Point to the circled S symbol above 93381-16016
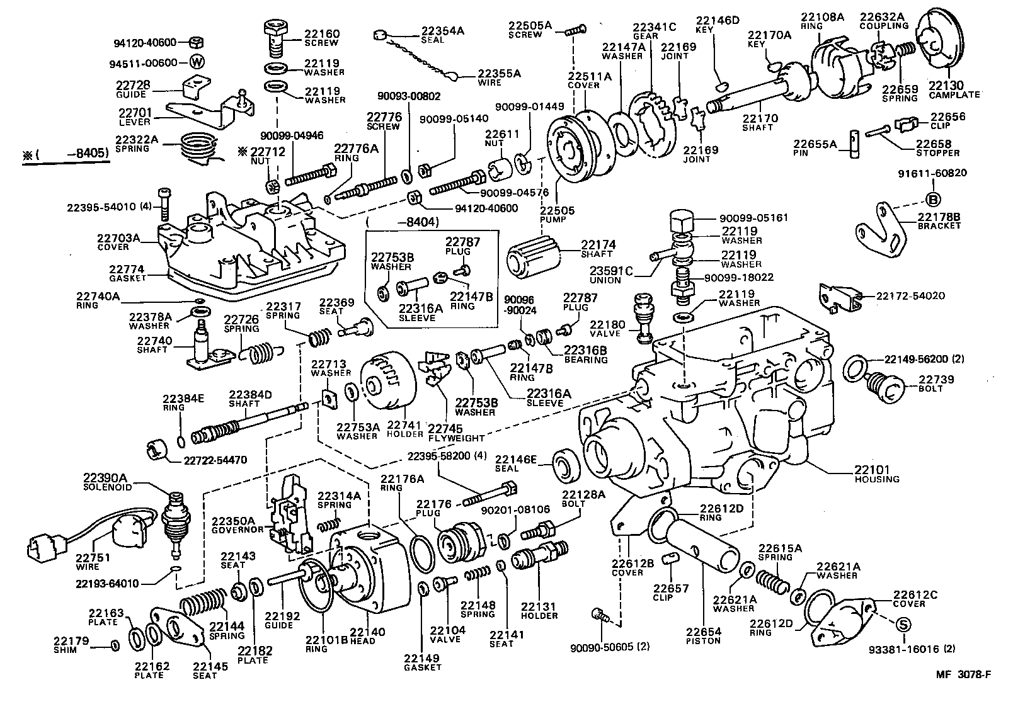(x=903, y=625)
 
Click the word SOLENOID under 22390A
(x=108, y=487)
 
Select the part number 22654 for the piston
(x=703, y=632)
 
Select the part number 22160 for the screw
(x=322, y=34)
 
